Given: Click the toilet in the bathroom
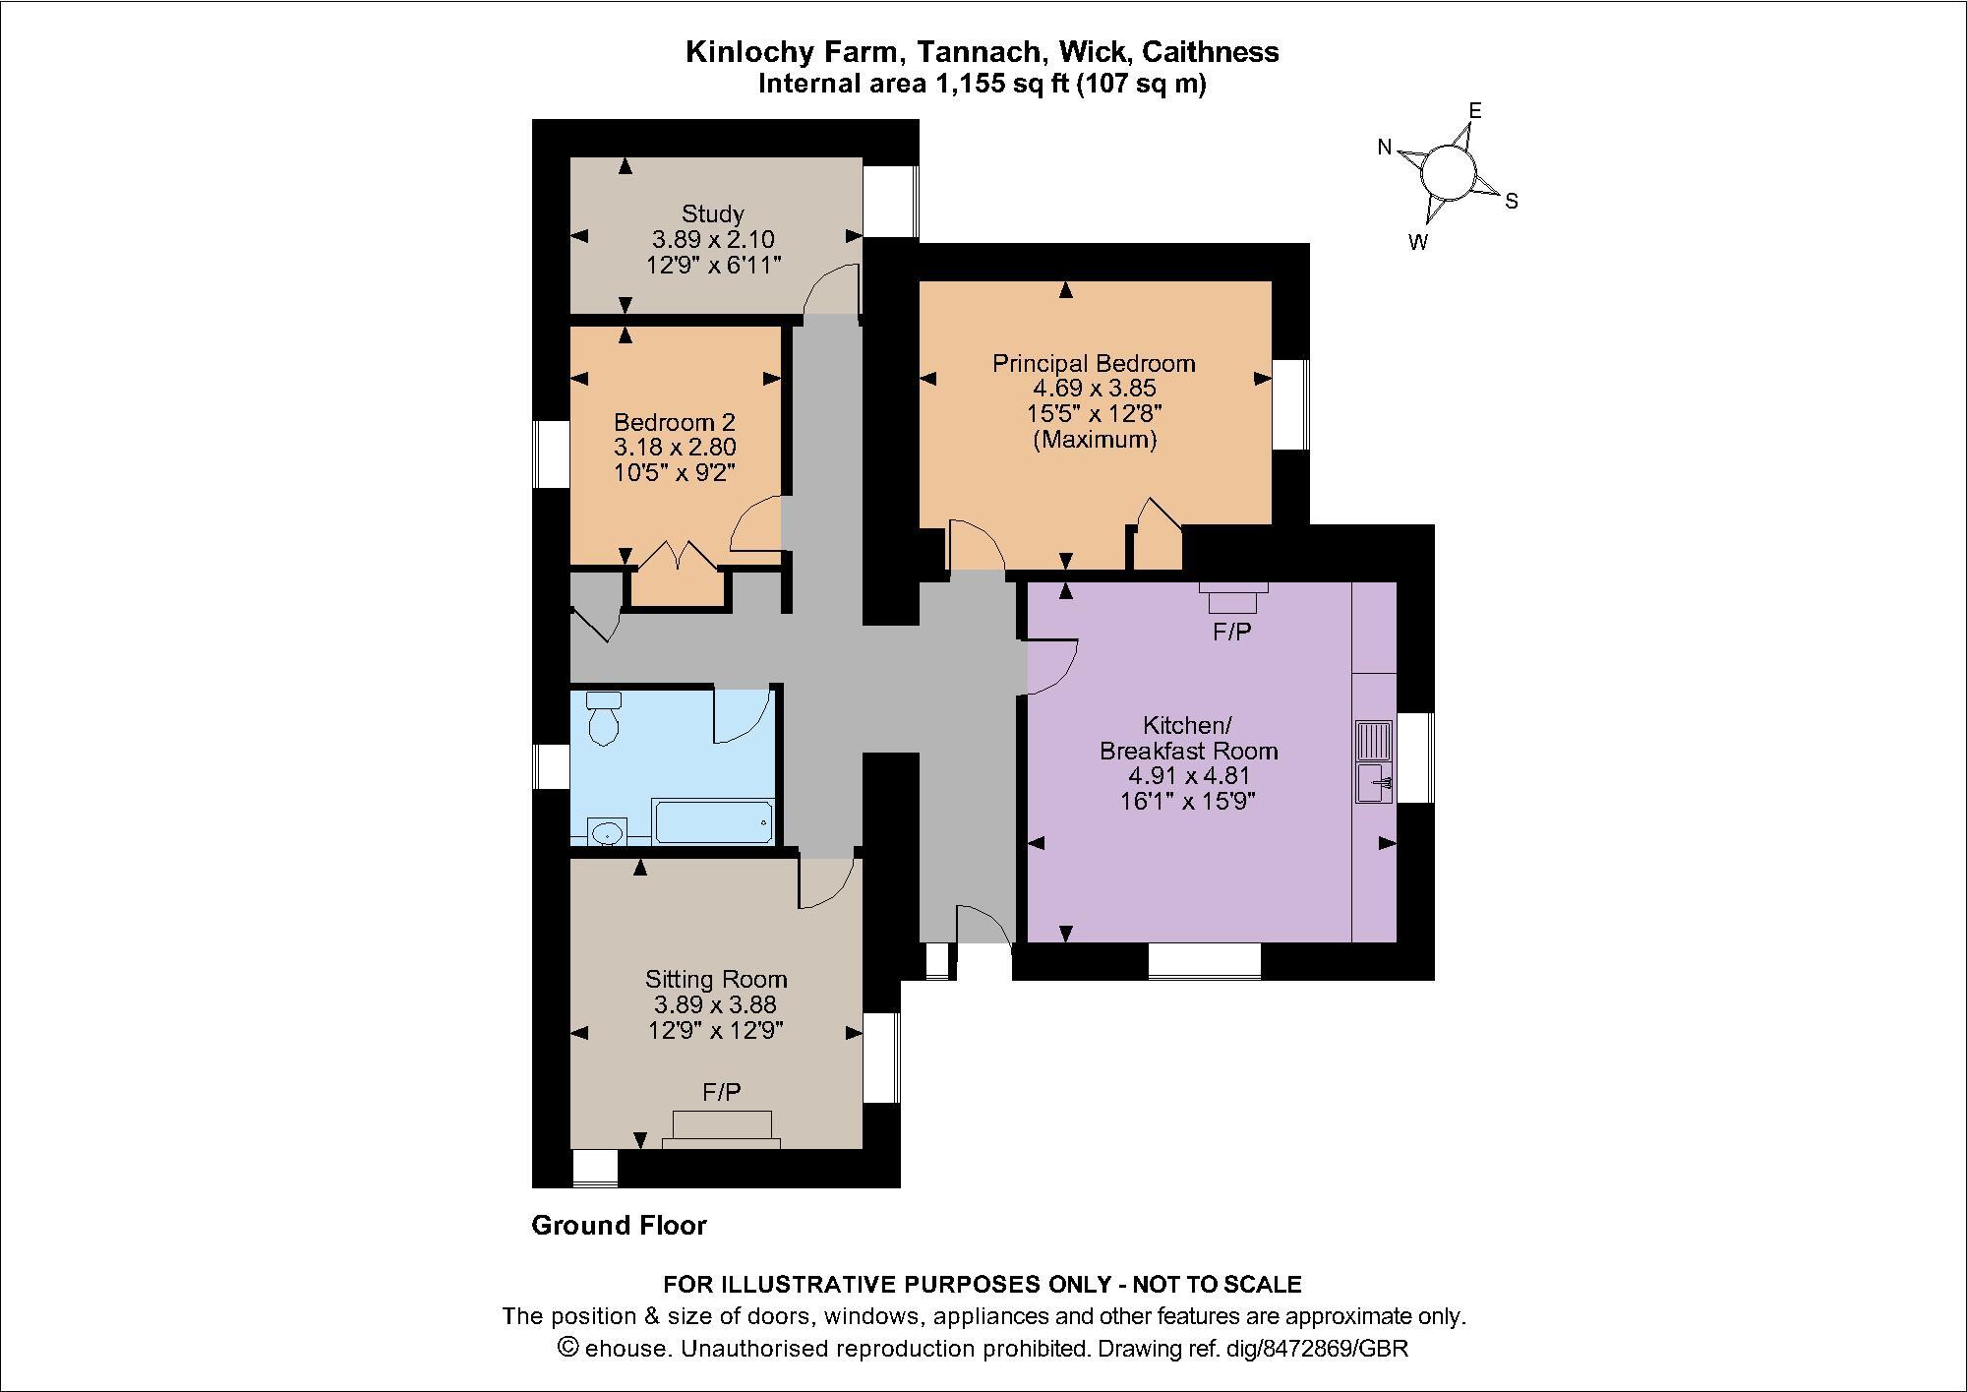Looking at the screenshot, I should click(x=602, y=719).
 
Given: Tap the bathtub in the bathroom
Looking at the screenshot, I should click(x=713, y=822).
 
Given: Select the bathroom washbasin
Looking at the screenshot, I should click(x=607, y=832).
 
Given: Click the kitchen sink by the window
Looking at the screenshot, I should click(x=1374, y=783).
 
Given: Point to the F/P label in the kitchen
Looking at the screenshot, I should click(x=1231, y=632).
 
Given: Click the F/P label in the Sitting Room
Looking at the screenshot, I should click(x=721, y=1092).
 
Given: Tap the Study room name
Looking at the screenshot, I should click(x=713, y=213).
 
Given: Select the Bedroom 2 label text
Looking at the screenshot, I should click(x=675, y=422).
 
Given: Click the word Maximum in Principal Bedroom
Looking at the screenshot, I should click(x=1095, y=440).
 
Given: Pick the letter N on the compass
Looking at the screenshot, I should click(x=1385, y=148).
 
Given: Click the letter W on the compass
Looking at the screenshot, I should click(x=1417, y=242).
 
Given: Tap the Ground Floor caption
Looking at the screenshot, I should click(x=619, y=1225).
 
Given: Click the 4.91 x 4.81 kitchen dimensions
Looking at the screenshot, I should click(x=1188, y=775).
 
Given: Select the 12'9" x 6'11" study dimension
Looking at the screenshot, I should click(x=713, y=264).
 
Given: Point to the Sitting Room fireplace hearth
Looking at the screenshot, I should click(x=721, y=1128).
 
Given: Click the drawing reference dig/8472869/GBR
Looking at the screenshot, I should click(x=1317, y=1348).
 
